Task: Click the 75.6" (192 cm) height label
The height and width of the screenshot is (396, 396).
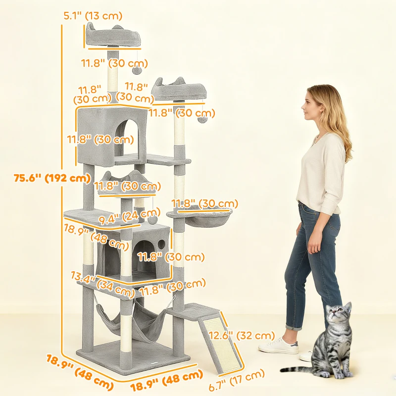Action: click(51, 178)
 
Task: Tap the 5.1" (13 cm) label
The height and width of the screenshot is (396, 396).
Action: click(93, 16)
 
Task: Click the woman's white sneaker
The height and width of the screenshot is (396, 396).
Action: click(278, 346)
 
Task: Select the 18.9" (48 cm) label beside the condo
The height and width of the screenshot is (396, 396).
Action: click(89, 237)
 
